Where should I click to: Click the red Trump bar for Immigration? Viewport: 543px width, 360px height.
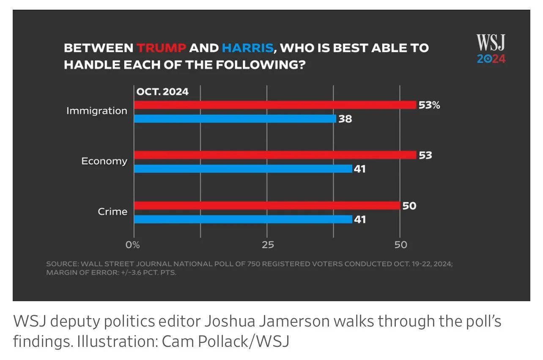(x=275, y=105)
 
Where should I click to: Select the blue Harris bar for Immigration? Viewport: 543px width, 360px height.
(x=235, y=119)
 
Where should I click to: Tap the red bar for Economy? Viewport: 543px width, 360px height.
(x=275, y=155)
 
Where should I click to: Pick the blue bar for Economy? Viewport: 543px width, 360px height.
(x=243, y=169)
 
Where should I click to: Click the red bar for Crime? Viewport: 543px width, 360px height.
(x=267, y=206)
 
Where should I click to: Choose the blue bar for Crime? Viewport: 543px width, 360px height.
(x=243, y=220)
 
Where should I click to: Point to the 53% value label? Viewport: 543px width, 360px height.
(x=429, y=105)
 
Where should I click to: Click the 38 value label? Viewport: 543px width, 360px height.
(x=345, y=119)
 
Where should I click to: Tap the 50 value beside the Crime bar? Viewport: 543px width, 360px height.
(x=409, y=206)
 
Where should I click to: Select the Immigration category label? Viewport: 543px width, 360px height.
(x=97, y=111)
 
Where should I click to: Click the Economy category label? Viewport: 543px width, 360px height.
(x=104, y=161)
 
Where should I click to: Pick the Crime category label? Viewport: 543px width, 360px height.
(x=113, y=212)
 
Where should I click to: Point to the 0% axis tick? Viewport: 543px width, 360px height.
(x=133, y=245)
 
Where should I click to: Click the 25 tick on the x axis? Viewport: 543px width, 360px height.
(x=268, y=245)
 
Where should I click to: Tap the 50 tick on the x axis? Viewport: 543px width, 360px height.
(x=401, y=245)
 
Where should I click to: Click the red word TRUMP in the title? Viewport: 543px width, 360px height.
(x=162, y=48)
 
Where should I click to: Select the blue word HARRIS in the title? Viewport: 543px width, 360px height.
(x=248, y=48)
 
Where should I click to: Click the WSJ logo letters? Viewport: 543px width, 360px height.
(x=491, y=42)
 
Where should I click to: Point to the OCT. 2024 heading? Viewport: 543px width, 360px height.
(x=162, y=92)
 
